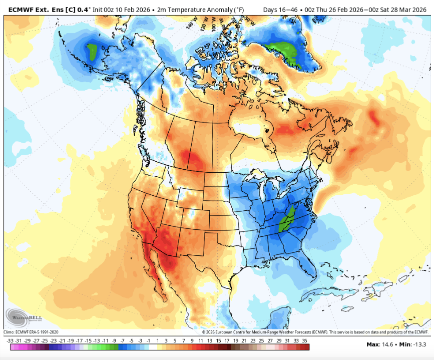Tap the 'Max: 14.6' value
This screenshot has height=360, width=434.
[x=379, y=344]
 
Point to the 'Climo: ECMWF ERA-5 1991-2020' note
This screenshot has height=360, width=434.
[x=31, y=332]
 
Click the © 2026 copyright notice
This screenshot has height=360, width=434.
[x=315, y=332]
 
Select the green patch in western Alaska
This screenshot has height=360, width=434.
[x=92, y=51]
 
